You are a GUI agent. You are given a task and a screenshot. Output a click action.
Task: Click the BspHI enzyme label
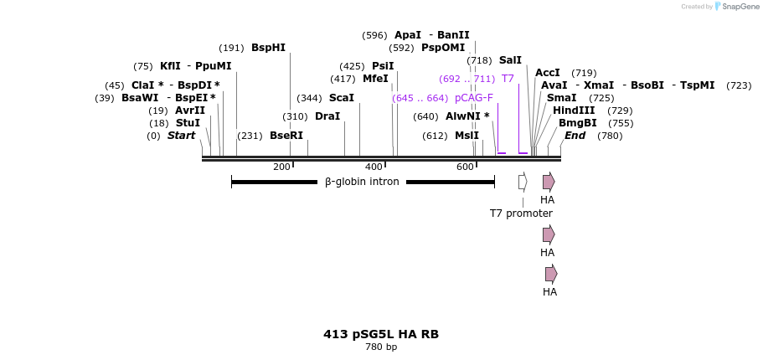point(268,48)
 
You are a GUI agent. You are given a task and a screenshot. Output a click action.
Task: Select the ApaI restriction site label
point(408,35)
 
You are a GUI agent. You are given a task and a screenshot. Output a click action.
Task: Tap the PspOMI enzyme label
point(443,48)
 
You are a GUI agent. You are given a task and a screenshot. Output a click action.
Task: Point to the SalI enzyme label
point(510,60)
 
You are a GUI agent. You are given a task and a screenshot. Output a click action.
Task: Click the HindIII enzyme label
point(574,111)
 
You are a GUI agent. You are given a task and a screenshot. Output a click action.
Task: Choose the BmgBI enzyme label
point(578,123)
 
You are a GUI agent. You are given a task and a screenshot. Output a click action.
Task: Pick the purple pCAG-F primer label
point(474,98)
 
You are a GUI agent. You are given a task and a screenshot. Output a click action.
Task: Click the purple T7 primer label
point(508,79)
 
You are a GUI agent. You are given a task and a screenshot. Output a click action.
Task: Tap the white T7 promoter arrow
point(523,182)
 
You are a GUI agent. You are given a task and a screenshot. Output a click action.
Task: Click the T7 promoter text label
point(521,213)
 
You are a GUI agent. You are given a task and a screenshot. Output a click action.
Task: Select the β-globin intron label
point(362,182)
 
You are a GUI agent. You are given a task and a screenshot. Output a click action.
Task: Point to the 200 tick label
point(281,167)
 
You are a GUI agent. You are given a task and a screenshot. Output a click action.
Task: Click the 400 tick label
point(374,167)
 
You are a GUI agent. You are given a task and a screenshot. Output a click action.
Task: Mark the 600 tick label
point(465,167)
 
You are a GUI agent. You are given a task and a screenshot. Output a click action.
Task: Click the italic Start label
point(181,136)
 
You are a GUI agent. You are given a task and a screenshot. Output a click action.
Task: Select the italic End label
point(575,136)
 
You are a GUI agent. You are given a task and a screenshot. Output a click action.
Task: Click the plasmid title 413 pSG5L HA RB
point(381,334)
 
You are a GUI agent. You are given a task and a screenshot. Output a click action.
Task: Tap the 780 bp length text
point(381,347)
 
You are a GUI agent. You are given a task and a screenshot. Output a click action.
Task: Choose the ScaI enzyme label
point(341,98)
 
